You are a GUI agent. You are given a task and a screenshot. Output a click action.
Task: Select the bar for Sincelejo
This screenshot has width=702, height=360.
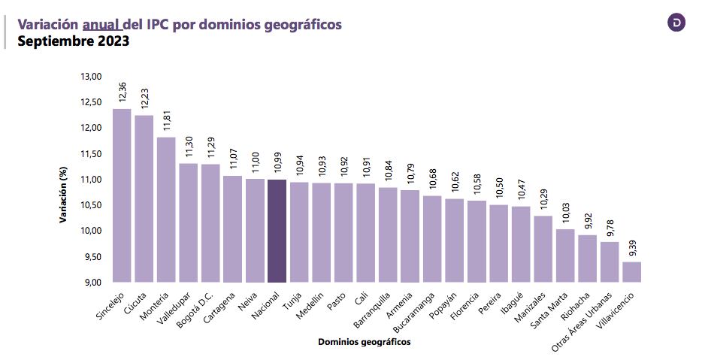point(122,195)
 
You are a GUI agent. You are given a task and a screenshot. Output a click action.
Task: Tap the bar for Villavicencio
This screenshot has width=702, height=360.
point(632,271)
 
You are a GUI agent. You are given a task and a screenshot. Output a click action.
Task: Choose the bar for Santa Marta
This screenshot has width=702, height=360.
point(565,256)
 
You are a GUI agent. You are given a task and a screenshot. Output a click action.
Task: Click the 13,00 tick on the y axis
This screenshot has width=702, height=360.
point(91,77)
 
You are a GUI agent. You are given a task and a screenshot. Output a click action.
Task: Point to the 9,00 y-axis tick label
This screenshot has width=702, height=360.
point(92,282)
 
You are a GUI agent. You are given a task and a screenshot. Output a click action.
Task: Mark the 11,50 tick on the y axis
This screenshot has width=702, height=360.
point(91,153)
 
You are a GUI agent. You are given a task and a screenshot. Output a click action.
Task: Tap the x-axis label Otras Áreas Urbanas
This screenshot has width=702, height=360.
point(582,322)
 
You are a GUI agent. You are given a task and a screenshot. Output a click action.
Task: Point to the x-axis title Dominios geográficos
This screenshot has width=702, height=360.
point(364,343)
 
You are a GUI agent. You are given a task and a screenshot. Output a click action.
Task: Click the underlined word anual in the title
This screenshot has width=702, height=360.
point(102,24)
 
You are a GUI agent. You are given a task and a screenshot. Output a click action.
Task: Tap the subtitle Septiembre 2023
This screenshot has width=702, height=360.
point(74,41)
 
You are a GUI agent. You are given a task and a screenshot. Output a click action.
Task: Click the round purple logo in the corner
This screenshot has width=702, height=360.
point(676,23)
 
